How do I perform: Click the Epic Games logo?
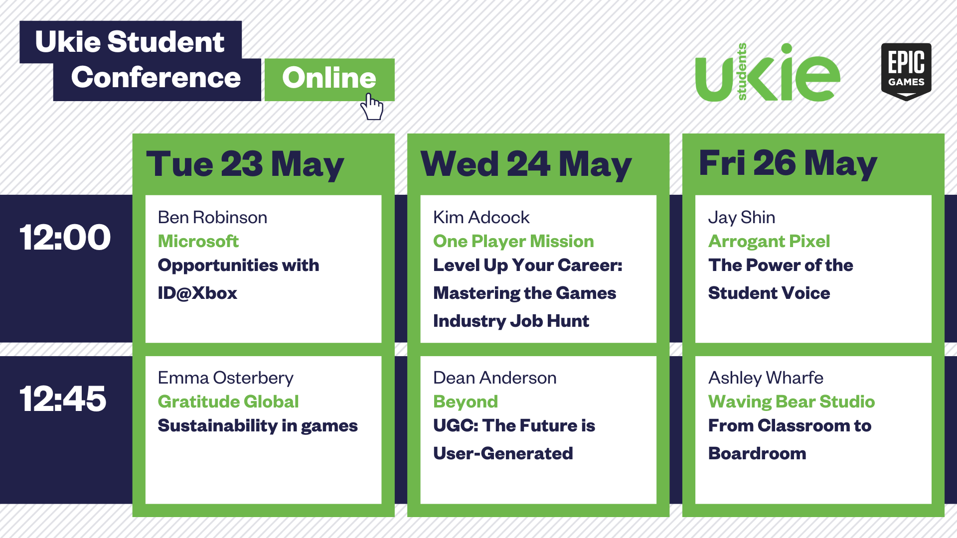[x=906, y=72]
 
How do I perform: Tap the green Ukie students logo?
[x=768, y=73]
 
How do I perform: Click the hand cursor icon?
[x=372, y=107]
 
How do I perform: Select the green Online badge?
[x=329, y=80]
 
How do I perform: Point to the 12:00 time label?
[x=65, y=237]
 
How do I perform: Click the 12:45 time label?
[x=63, y=399]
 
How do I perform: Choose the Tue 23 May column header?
[x=245, y=164]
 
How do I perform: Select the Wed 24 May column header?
[x=526, y=164]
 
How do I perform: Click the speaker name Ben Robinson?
[x=212, y=217]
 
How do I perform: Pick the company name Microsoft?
[x=198, y=241]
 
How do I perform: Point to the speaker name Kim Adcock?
[x=481, y=217]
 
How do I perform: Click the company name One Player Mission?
[x=513, y=242]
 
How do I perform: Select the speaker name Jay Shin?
[x=742, y=218]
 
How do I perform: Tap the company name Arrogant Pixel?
[x=769, y=242]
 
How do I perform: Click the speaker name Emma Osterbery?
[x=226, y=378]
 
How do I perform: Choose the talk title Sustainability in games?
[x=258, y=426]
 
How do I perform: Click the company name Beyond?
[x=466, y=402]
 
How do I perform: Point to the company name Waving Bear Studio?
[x=792, y=402]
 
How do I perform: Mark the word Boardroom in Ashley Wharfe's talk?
[x=757, y=453]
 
